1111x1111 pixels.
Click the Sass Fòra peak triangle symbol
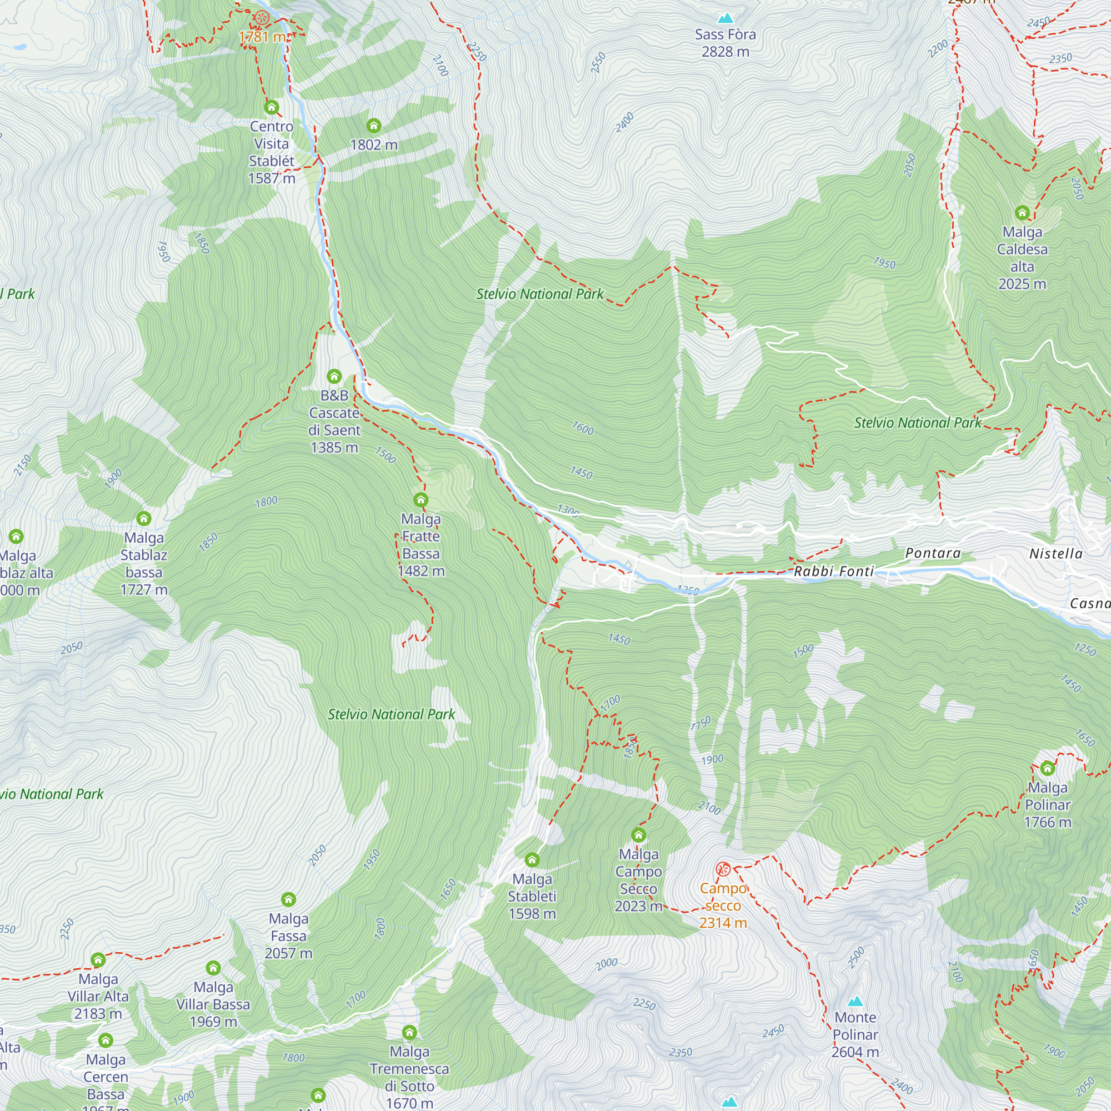coord(725,18)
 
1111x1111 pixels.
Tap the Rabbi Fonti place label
coord(833,571)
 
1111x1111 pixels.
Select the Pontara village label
coord(933,553)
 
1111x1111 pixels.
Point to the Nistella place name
coord(1056,554)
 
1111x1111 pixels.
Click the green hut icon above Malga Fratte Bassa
coord(421,499)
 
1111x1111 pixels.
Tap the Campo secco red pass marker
coord(723,869)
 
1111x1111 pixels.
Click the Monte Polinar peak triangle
coord(855,1002)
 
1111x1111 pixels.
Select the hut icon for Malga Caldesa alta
coord(1022,213)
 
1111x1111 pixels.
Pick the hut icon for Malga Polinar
coord(1047,768)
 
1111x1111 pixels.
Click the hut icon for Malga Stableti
coord(532,860)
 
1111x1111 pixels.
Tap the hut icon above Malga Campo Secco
coord(638,834)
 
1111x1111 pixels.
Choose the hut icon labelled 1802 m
coord(374,126)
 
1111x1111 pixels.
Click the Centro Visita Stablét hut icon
coord(272,107)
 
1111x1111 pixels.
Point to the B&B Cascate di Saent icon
coord(334,377)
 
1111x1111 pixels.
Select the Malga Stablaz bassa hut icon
coord(144,519)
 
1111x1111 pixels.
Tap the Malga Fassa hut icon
coord(288,899)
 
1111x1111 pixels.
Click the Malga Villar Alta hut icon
coord(98,960)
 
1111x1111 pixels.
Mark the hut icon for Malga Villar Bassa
coord(213,968)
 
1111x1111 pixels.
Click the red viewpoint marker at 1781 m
coord(262,17)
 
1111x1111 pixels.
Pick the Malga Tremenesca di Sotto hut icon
coord(409,1032)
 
